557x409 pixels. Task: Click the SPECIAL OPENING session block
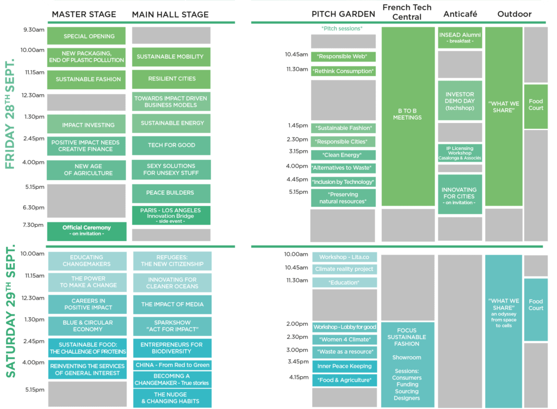(86, 36)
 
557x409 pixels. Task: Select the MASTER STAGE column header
(84, 14)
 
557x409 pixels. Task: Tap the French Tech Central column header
(407, 12)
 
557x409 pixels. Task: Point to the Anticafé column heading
(460, 14)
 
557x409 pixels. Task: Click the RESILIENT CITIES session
(171, 79)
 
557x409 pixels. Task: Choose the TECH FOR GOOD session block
(171, 145)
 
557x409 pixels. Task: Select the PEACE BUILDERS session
(171, 193)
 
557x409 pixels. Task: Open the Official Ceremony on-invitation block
(86, 231)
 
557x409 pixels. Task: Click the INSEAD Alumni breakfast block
(460, 38)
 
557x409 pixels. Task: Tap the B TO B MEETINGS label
(407, 114)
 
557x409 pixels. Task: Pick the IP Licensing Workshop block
(460, 153)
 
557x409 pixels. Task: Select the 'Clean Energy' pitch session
(343, 155)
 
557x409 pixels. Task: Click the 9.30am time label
(34, 29)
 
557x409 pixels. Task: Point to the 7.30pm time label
(33, 225)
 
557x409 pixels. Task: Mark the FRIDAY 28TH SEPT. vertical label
(10, 114)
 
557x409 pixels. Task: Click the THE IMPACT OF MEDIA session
(172, 304)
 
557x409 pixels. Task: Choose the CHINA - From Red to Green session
(172, 365)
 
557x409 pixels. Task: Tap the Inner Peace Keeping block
(344, 366)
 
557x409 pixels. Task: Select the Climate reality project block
(344, 269)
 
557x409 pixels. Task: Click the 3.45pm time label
(298, 362)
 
